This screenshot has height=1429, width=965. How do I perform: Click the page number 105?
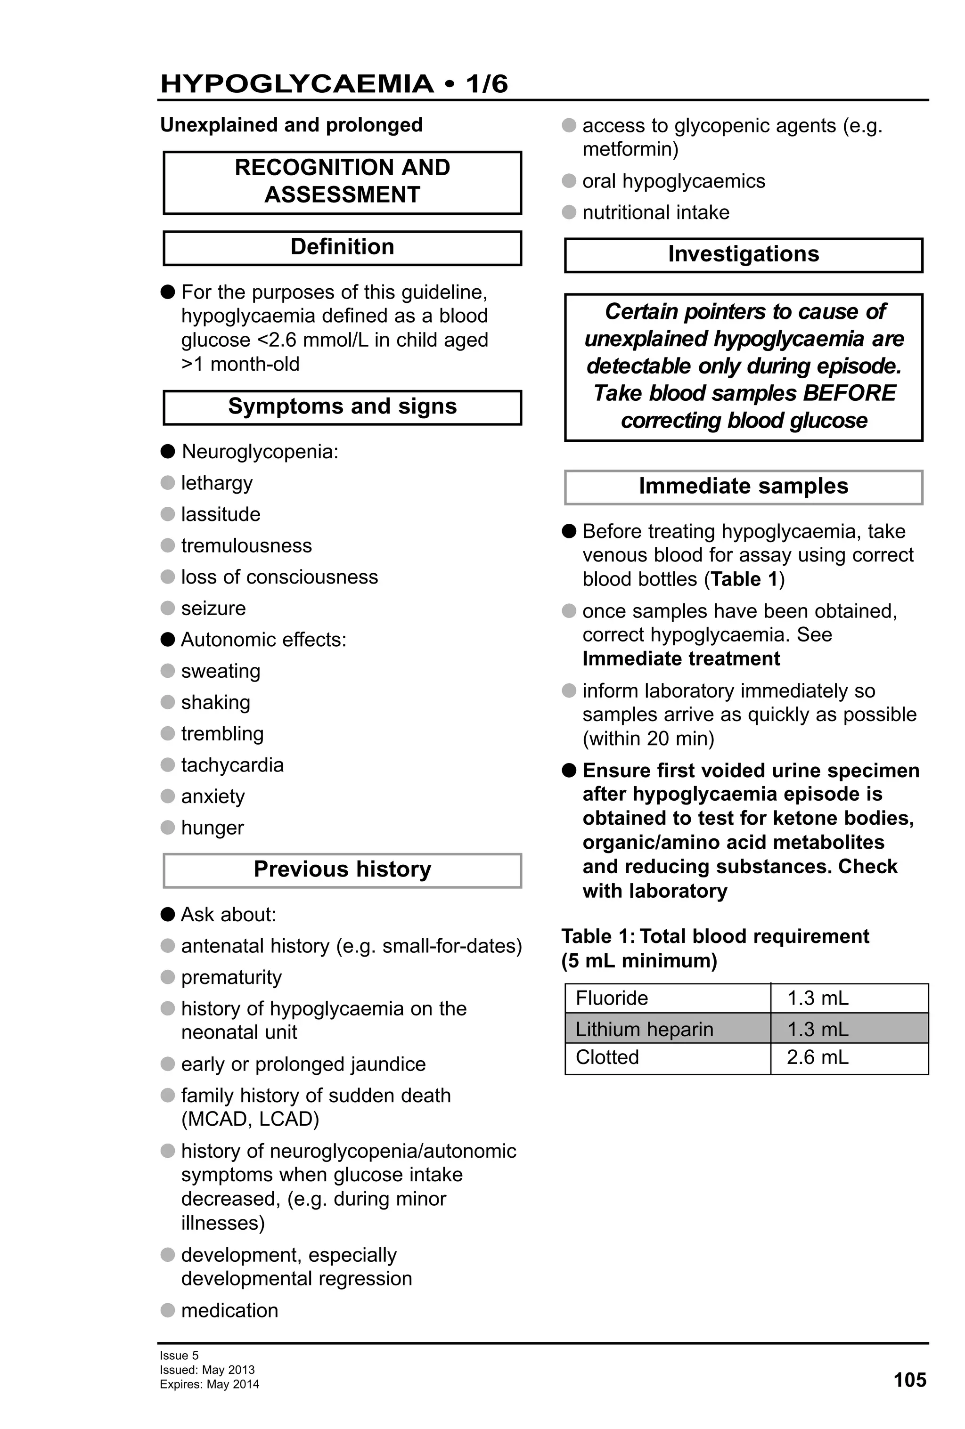pyautogui.click(x=909, y=1380)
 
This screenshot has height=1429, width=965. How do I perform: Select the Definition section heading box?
pyautogui.click(x=342, y=247)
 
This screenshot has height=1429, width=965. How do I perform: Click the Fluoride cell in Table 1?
pyautogui.click(x=611, y=998)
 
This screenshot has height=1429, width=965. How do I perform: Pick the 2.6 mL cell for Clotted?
pyautogui.click(x=818, y=1057)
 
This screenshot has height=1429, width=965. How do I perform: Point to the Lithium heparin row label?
pyautogui.click(x=644, y=1029)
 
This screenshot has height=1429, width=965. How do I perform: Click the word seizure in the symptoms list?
pyautogui.click(x=213, y=608)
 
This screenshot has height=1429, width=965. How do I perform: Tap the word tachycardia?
pyautogui.click(x=232, y=765)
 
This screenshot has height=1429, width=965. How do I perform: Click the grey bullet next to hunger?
pyautogui.click(x=168, y=828)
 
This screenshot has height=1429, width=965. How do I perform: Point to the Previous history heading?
pyautogui.click(x=342, y=869)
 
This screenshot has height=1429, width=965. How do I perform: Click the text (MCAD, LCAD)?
pyautogui.click(x=250, y=1119)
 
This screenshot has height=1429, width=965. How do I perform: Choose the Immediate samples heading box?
pyautogui.click(x=743, y=487)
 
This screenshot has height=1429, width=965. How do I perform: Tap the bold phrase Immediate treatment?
pyautogui.click(x=681, y=658)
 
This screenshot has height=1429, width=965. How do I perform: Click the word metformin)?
pyautogui.click(x=630, y=149)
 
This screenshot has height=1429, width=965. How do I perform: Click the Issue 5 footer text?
pyautogui.click(x=179, y=1355)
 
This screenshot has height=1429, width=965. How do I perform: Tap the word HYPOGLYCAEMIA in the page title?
pyautogui.click(x=297, y=84)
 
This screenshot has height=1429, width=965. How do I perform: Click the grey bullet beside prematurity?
pyautogui.click(x=168, y=977)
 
